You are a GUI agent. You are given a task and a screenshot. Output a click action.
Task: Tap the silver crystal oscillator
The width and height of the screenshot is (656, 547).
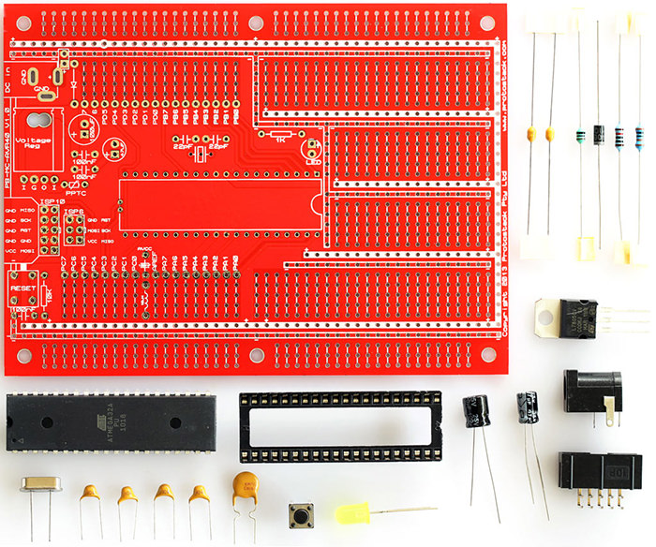[41, 484]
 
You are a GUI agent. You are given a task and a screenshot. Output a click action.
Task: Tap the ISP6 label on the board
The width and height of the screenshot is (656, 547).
[75, 213]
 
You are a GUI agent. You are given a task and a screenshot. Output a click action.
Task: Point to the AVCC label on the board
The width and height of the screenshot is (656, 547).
[144, 249]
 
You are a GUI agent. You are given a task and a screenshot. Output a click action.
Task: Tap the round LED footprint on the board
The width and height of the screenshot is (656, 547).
[310, 147]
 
